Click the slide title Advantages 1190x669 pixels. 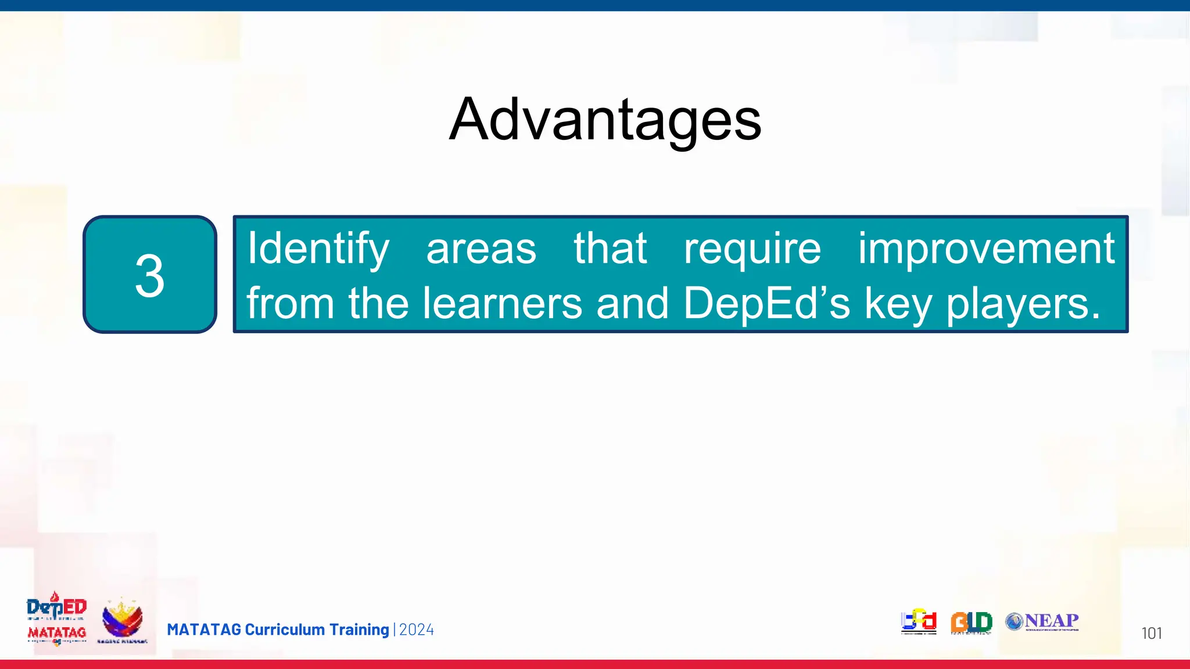tap(605, 120)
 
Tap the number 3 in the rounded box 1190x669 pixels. tap(150, 276)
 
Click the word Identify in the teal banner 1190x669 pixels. tap(318, 249)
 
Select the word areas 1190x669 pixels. tap(481, 249)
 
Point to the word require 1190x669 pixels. tap(752, 249)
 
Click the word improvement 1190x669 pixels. tap(986, 249)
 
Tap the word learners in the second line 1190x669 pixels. tap(502, 303)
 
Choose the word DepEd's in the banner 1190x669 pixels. tap(766, 303)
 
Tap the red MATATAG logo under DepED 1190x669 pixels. tap(57, 633)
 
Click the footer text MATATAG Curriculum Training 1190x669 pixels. tap(278, 630)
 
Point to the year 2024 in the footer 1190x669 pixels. tap(417, 630)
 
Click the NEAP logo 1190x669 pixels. tap(1042, 621)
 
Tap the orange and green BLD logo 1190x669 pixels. tap(971, 623)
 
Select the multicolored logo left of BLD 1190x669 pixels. tap(919, 621)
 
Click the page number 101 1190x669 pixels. tap(1151, 633)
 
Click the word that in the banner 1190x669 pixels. tap(610, 249)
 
